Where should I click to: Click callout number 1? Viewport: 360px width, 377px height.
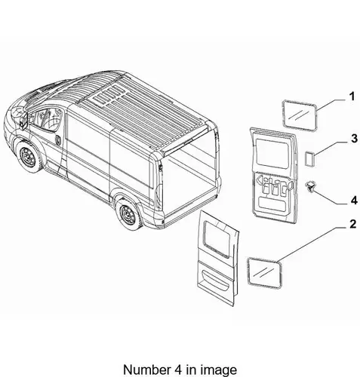coord(352,97)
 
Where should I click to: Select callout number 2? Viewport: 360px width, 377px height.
coord(353,224)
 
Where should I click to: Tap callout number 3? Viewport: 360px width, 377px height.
coord(354,138)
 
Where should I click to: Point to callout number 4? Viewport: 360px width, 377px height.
coord(354,201)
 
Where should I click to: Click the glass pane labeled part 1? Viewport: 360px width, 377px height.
coord(300,115)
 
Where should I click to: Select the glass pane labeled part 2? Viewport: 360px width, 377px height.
coord(264,272)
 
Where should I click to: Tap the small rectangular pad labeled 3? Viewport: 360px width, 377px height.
coord(309,158)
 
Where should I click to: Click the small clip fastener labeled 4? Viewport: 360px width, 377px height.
coord(310,186)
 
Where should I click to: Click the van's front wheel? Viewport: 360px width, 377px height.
coord(28,157)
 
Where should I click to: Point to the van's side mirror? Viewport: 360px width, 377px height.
coord(23,121)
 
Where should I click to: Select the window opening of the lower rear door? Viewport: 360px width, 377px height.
coord(218,239)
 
